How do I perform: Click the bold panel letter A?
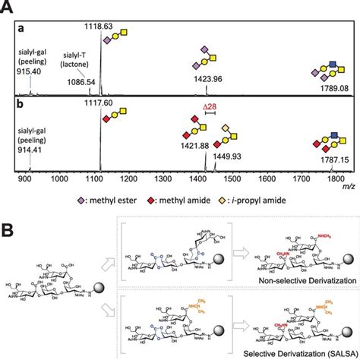pos(8,7)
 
